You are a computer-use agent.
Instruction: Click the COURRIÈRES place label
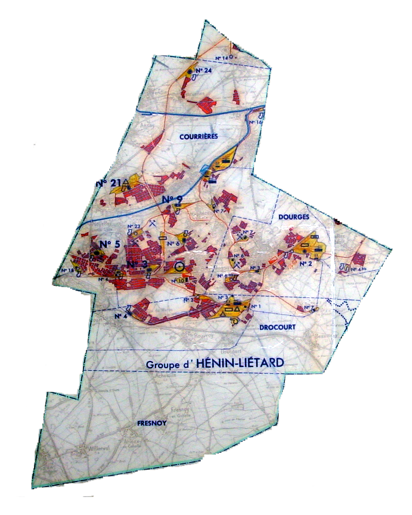[x=199, y=136]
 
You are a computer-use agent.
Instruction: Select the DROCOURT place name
[x=280, y=327]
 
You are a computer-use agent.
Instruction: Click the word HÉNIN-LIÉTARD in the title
[x=239, y=363]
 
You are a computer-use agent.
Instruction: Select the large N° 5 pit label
[x=110, y=244]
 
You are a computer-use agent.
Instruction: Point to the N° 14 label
[x=221, y=58]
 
